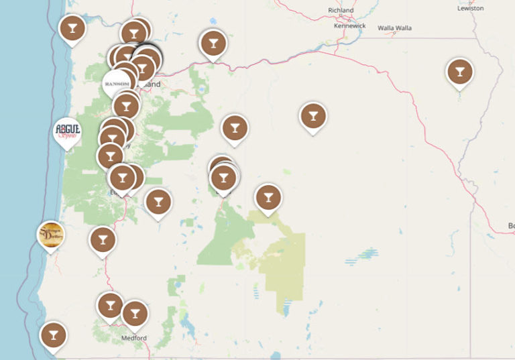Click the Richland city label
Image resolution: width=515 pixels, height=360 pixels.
341,10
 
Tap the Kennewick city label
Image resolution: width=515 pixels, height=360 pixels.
350,25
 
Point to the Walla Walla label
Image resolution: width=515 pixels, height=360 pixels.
394,28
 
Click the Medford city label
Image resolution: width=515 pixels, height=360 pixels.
134,338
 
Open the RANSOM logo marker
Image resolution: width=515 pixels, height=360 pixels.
117,83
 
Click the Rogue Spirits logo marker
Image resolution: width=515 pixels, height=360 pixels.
67,131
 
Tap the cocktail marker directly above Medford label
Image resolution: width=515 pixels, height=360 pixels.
135,313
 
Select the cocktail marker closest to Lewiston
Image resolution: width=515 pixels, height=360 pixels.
459,72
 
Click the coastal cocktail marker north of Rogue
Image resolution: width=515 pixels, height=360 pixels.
72,28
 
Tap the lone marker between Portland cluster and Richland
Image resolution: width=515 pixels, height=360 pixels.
213,44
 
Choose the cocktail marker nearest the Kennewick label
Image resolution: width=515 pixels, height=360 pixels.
312,115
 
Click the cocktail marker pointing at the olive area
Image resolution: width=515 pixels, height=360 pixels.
268,197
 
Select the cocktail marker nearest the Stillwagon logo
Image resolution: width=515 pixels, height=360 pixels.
103,239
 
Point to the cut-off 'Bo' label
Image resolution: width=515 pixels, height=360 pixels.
511,225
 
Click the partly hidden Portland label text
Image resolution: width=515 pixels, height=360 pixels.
152,85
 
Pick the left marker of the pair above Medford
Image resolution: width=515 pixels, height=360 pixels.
110,305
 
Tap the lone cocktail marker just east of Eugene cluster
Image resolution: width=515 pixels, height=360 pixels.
158,200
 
